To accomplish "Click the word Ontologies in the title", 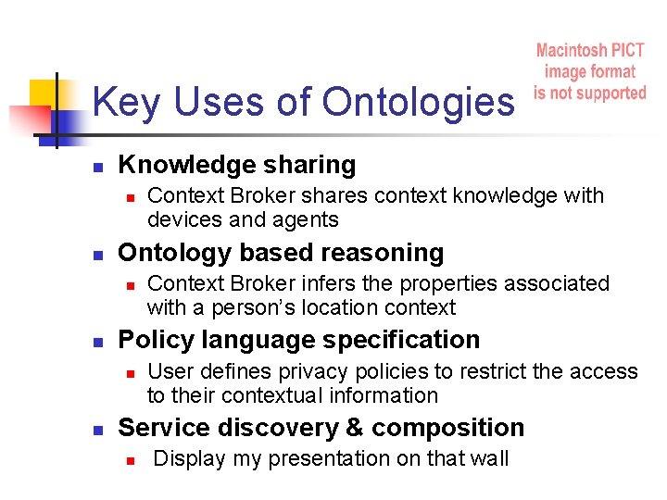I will pos(418,103).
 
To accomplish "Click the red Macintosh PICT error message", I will pos(590,71).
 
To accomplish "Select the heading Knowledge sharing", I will pos(237,165).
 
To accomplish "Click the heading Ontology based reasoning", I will pos(281,252).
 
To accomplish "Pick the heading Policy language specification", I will pos(299,340).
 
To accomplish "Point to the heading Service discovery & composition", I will pos(321,427).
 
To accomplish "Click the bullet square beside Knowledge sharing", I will pos(95,167).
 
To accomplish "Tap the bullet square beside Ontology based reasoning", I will pos(95,254).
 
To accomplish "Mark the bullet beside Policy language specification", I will pos(95,342).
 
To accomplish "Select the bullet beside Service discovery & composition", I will pos(95,429).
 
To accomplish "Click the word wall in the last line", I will pos(490,458).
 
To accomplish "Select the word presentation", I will pos(292,459).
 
